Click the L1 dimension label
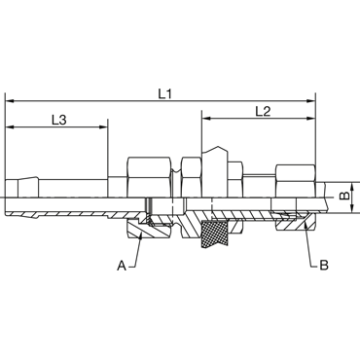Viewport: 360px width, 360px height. point(164,94)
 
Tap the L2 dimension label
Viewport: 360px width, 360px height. point(263,112)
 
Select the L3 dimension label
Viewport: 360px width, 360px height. point(59,120)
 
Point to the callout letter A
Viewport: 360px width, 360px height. point(122,266)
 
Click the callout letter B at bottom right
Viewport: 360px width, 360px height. point(324,265)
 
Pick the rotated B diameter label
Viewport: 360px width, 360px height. point(344,197)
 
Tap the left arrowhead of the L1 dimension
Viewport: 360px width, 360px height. point(10,101)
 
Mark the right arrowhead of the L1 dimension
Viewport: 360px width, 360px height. point(311,101)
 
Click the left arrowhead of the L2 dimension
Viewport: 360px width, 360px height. point(206,119)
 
